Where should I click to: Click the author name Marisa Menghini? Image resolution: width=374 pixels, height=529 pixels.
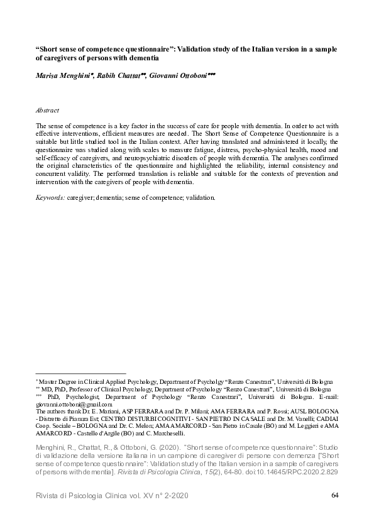(x=64, y=74)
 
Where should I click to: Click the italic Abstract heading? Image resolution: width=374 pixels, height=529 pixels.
(x=48, y=109)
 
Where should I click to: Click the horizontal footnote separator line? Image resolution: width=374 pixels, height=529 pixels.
(x=81, y=374)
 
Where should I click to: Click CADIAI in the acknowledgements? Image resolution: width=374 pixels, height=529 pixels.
(x=323, y=420)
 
